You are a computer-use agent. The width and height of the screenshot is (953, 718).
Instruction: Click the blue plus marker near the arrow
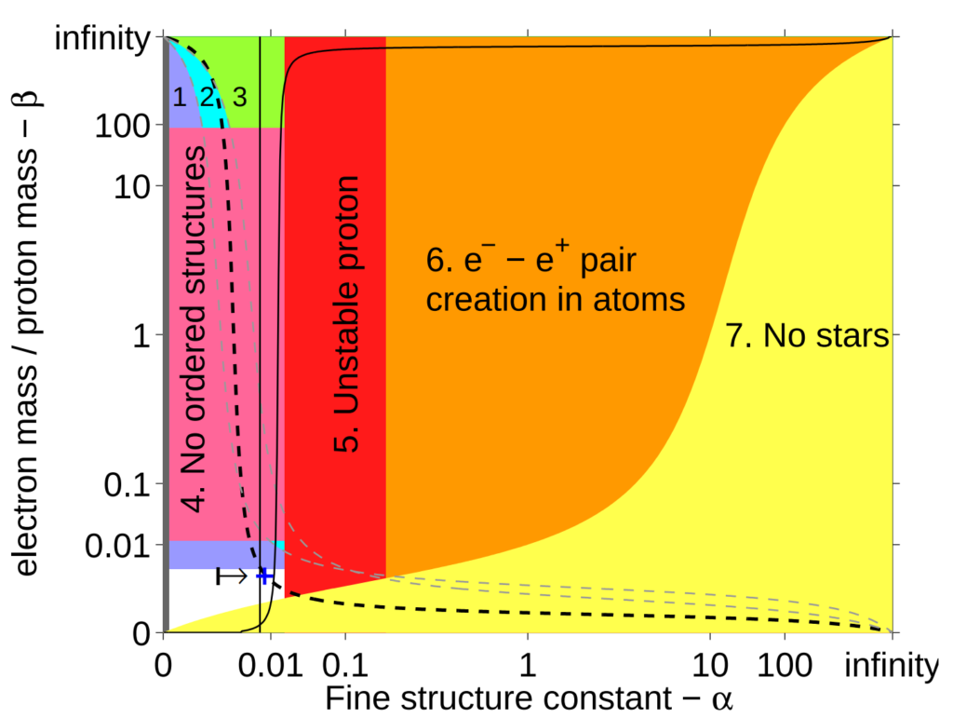coord(264,576)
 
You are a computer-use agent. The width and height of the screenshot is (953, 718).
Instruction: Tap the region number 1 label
coord(179,95)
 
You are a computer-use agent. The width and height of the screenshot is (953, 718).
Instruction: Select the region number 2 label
coord(208,95)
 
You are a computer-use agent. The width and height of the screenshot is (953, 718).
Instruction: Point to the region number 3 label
coord(240,95)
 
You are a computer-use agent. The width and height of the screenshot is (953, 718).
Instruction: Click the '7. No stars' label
coord(807,336)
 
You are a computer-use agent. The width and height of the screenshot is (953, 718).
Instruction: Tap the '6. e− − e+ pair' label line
coord(531,261)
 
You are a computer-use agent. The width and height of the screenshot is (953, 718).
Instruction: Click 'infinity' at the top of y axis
coord(102,39)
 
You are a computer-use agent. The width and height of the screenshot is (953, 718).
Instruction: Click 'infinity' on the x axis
coord(891,667)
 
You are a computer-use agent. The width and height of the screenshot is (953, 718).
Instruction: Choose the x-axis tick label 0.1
coord(345,667)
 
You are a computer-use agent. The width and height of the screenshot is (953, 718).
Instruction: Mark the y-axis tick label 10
coord(133,185)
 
